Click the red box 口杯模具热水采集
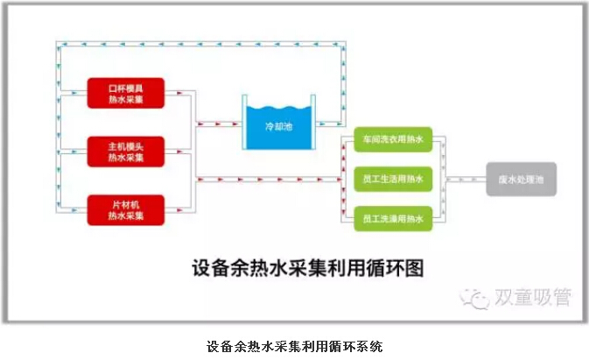point(126,93)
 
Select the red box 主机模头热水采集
point(126,152)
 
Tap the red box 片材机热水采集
point(126,210)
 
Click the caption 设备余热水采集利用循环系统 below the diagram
point(294,346)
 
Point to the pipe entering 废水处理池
point(468,179)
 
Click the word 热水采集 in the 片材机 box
point(126,216)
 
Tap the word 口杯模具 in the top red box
point(126,88)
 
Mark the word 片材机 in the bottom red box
point(126,205)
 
